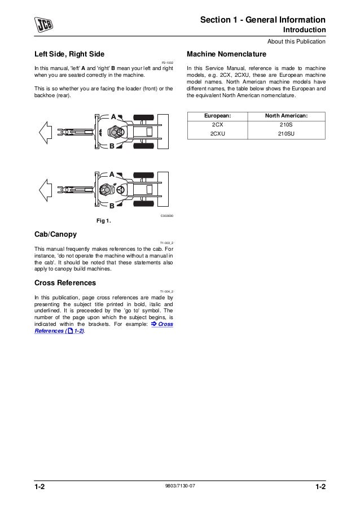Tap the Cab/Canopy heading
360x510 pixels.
pos(55,234)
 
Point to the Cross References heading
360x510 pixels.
pos(65,282)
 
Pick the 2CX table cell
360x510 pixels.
pos(217,125)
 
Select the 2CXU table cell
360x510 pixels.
pos(217,134)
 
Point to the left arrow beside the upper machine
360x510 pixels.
pos(46,132)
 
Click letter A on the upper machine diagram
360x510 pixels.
pos(113,116)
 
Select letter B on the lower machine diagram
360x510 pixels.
pos(112,206)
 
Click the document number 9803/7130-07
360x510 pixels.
pos(180,487)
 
